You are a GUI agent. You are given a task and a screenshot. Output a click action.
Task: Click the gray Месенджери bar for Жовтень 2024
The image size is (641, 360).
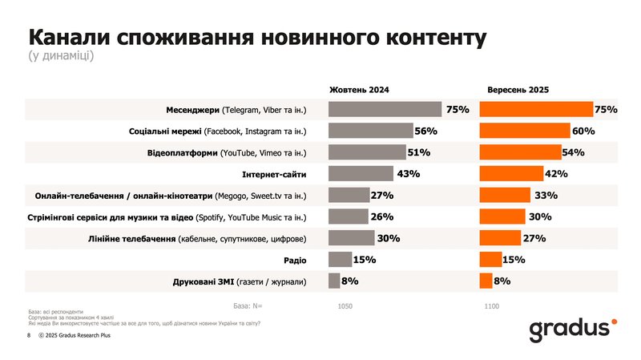385,109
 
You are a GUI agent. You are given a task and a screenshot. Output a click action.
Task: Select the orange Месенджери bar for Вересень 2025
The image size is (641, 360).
536,109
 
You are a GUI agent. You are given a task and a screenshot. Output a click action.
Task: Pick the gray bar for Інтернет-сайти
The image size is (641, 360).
361,173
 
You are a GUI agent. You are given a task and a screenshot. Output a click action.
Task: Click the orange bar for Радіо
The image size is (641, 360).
490,259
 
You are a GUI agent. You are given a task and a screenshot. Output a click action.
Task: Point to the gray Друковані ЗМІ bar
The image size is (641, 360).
333,281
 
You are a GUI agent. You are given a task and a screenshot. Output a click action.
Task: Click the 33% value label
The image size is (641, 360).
546,195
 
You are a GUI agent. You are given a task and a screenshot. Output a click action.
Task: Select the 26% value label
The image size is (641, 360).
382,216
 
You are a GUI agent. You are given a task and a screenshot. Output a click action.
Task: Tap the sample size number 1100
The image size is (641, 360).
492,306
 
